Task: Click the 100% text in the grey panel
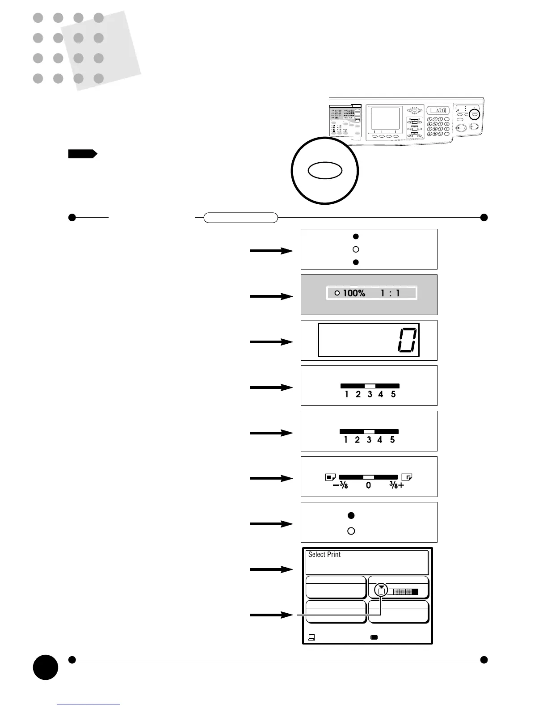coord(354,293)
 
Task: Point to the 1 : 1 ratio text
coord(390,293)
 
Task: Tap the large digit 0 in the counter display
coord(407,340)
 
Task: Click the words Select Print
coord(324,555)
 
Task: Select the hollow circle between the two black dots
coord(356,249)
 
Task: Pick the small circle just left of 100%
coord(337,293)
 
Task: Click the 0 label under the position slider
coord(368,485)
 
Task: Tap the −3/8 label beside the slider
coord(341,485)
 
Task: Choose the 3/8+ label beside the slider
coord(396,485)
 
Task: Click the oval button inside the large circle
coord(325,171)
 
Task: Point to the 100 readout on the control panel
coord(438,110)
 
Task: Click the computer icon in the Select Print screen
coord(311,637)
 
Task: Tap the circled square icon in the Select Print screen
coord(381,590)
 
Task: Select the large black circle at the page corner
coord(45,667)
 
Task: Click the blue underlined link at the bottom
coord(88,704)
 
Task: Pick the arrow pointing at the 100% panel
coord(272,296)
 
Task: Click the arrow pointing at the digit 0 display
coord(272,342)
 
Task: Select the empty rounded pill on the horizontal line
coord(240,218)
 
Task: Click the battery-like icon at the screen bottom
coord(374,637)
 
